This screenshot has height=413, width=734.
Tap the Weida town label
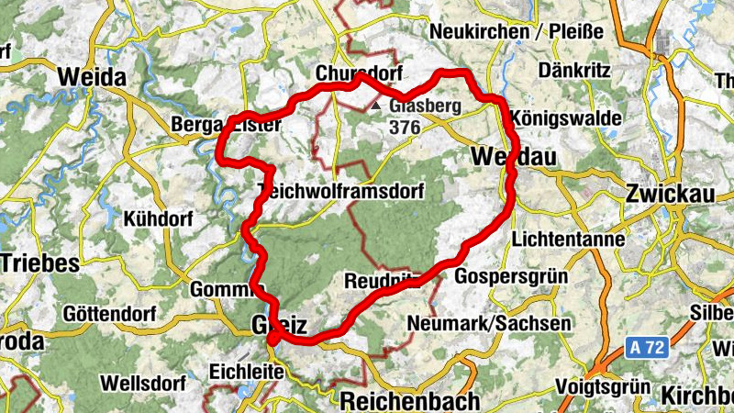92,78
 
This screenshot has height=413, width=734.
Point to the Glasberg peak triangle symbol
376,106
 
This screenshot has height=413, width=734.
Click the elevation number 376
404,128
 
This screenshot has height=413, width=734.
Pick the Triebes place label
39,262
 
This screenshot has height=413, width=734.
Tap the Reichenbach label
410,401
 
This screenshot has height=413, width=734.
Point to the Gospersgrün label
511,276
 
